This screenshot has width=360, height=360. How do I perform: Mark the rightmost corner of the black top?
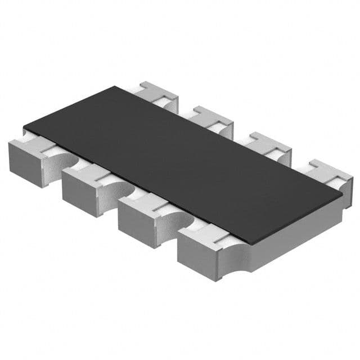click(x=342, y=194)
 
